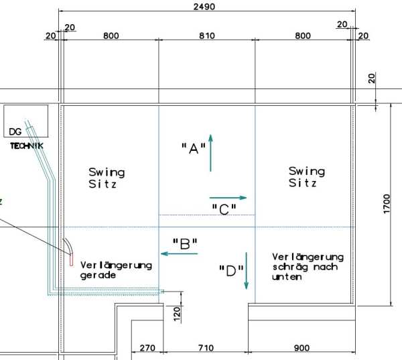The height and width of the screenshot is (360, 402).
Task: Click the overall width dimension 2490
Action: pyautogui.click(x=204, y=7)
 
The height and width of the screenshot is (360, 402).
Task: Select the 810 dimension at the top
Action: pyautogui.click(x=207, y=36)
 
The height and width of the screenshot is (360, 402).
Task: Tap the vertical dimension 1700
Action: pyautogui.click(x=387, y=204)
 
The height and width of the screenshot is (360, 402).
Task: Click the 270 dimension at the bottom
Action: pyautogui.click(x=147, y=348)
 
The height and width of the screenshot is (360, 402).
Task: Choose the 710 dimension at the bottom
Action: pyautogui.click(x=206, y=348)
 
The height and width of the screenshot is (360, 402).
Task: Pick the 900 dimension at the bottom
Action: pyautogui.click(x=301, y=348)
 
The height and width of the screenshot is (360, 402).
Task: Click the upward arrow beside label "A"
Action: pyautogui.click(x=211, y=153)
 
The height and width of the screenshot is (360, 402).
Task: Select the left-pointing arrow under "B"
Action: pyautogui.click(x=179, y=254)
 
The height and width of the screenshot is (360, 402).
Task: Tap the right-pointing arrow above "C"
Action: pyautogui.click(x=228, y=198)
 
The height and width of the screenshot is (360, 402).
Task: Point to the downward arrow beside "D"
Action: pyautogui.click(x=247, y=271)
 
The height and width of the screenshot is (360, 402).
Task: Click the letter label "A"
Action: pyautogui.click(x=194, y=148)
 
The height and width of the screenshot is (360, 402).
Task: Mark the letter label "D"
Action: pyautogui.click(x=231, y=271)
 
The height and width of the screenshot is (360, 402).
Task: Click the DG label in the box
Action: pyautogui.click(x=15, y=131)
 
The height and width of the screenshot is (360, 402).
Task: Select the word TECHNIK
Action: pyautogui.click(x=27, y=146)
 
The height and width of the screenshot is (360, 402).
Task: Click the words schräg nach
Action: pyautogui.click(x=305, y=267)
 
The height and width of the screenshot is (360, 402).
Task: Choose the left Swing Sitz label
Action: pyautogui.click(x=107, y=178)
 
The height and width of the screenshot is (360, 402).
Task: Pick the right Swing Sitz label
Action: pyautogui.click(x=307, y=177)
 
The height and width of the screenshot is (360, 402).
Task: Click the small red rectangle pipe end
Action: pyautogui.click(x=71, y=259)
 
